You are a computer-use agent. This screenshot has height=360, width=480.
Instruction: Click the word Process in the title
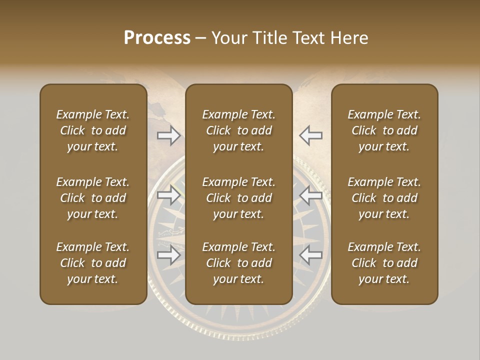(x=157, y=38)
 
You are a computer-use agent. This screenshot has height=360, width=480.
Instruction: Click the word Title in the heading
(x=269, y=38)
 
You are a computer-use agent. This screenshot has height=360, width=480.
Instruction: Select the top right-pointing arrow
(x=169, y=135)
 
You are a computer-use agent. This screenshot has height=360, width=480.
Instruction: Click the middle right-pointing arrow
(x=169, y=195)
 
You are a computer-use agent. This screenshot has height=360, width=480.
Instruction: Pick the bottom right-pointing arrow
(x=169, y=255)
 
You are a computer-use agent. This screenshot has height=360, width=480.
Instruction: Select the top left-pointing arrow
(x=311, y=135)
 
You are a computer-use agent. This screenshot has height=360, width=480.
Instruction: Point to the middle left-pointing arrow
(x=311, y=195)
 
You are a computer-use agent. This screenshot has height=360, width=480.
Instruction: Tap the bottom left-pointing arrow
(x=311, y=255)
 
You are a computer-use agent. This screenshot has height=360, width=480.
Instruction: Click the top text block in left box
(x=93, y=130)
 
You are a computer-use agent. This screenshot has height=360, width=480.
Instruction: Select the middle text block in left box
(x=93, y=198)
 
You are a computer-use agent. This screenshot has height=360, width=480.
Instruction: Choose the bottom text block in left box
(x=93, y=263)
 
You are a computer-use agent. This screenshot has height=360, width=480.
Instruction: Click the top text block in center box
(x=239, y=130)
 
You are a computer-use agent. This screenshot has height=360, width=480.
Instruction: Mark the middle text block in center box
(x=239, y=198)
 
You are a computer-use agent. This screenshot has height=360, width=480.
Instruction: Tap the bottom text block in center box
(x=239, y=263)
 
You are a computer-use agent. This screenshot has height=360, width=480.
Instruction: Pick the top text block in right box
(x=384, y=130)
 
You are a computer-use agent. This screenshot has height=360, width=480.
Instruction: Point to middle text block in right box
(x=384, y=198)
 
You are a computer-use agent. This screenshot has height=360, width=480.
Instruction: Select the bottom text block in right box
(x=384, y=263)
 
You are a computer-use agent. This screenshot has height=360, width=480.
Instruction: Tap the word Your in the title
(x=228, y=38)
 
